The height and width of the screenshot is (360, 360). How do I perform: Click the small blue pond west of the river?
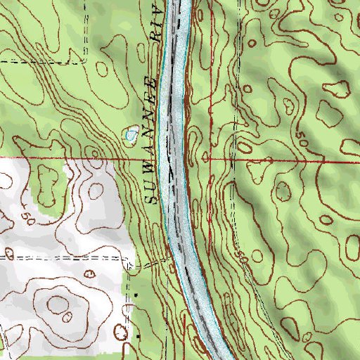pos(131,134)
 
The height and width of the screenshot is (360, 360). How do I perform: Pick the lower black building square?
pos(139,338)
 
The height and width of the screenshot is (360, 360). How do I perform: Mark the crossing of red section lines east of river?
pos(210,160)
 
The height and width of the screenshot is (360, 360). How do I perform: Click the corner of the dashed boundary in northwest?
pos(86,62)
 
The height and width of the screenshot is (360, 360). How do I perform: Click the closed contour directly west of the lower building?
pos(116,330)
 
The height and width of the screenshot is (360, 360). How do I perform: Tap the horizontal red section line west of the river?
pos(70,158)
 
